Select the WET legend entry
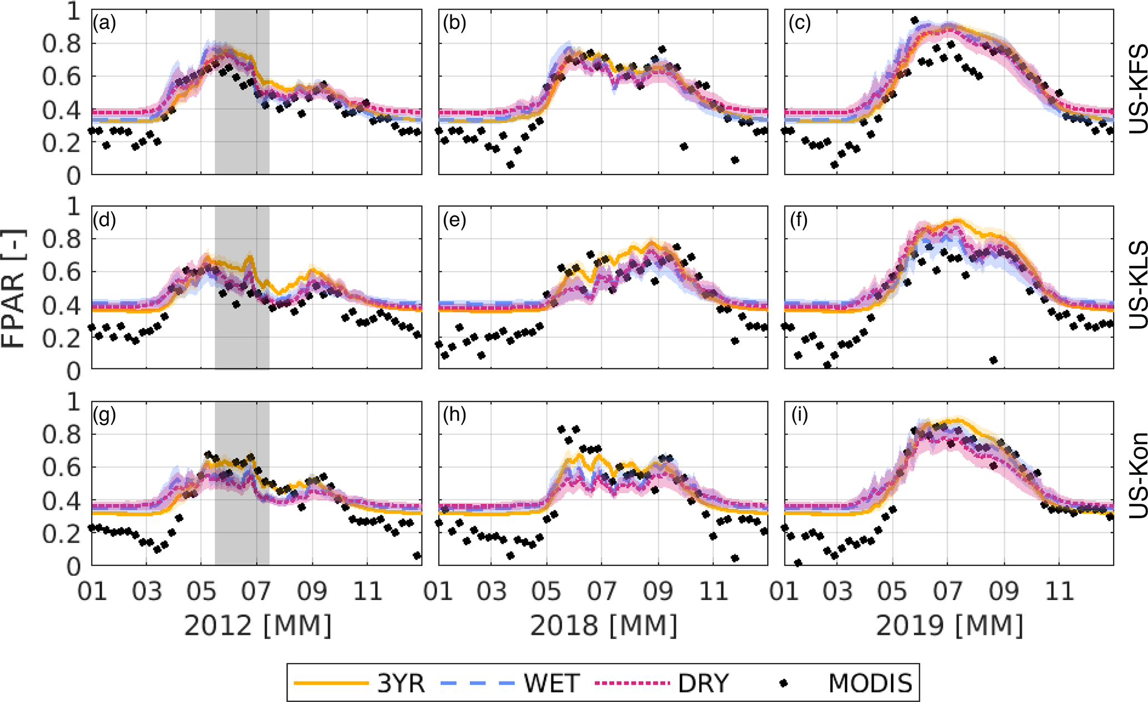511,683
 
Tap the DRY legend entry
661,683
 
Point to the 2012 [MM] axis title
258,626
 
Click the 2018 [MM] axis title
604,626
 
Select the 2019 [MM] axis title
950,626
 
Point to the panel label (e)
455,220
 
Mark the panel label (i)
800,415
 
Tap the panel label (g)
104,415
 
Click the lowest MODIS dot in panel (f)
994,360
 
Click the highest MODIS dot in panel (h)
561,429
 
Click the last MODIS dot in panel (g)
417,555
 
